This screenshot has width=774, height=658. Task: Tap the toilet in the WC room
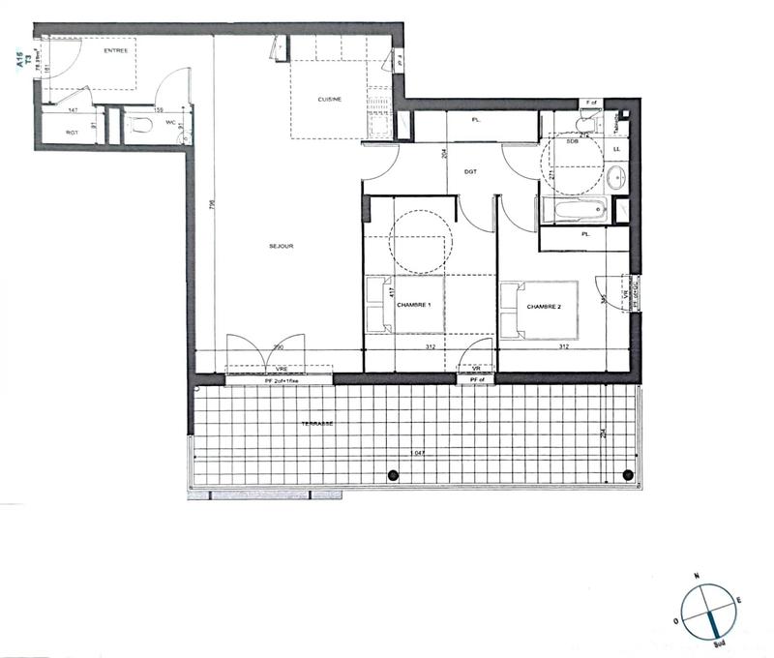pos(142,126)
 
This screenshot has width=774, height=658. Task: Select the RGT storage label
pos(72,133)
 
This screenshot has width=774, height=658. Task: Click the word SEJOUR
pos(282,247)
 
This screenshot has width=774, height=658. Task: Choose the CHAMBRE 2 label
pos(544,307)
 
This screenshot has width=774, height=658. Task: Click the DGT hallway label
pos(471,171)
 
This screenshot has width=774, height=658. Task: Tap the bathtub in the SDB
pos(574,207)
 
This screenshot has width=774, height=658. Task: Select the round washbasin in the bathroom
pos(617,176)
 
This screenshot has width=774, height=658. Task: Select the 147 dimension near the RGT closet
pos(72,111)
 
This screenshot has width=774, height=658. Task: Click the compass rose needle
pos(711,609)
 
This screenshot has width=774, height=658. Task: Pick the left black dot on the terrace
pos(393,474)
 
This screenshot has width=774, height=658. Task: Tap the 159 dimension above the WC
pos(159,110)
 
